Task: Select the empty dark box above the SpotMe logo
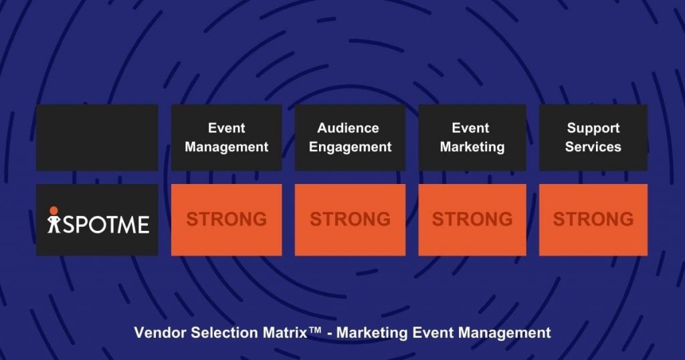[97, 137]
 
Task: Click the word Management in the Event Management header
[226, 147]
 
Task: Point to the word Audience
[348, 128]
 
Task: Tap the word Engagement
[350, 147]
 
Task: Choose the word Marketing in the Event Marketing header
[472, 147]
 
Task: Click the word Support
[593, 128]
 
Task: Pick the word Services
[593, 147]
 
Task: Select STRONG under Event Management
[226, 219]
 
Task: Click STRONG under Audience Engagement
[350, 219]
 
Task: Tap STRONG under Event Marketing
[472, 219]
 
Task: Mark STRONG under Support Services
[593, 219]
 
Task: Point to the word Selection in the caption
[217, 333]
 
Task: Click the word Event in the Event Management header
[226, 128]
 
